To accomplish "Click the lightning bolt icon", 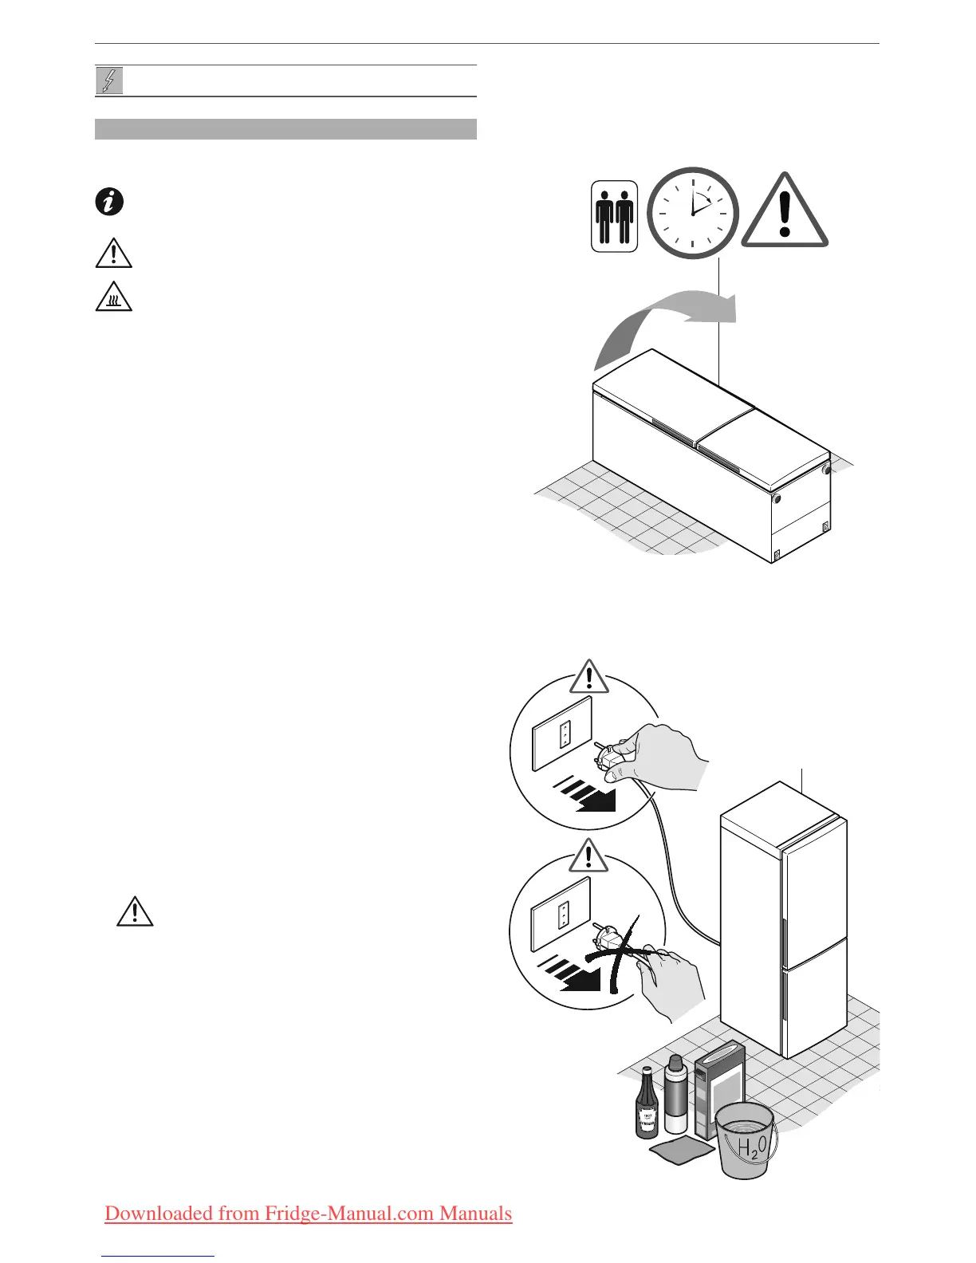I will pyautogui.click(x=109, y=81).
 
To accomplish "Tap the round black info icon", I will pyautogui.click(x=109, y=202).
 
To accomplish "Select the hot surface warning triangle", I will pyautogui.click(x=113, y=299).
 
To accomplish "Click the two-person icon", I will pyautogui.click(x=614, y=217).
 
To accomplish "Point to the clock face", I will pyautogui.click(x=692, y=213).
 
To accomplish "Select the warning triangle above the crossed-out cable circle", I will pyautogui.click(x=588, y=856).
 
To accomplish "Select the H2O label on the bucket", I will pyautogui.click(x=749, y=1148).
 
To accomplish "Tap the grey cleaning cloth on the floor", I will pyautogui.click(x=682, y=1149).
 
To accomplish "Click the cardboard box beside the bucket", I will pyautogui.click(x=718, y=1088).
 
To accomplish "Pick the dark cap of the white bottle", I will pyautogui.click(x=675, y=1063).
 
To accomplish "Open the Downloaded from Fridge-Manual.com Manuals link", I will pyautogui.click(x=308, y=1214).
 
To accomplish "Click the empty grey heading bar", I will pyautogui.click(x=285, y=129).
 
